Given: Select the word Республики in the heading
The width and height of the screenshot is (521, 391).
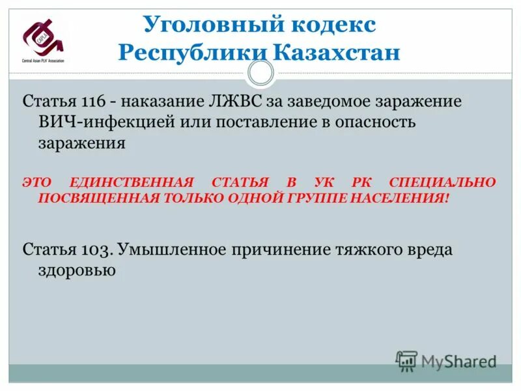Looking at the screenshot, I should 191,51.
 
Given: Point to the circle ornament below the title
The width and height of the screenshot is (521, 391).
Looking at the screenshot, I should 260,74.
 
